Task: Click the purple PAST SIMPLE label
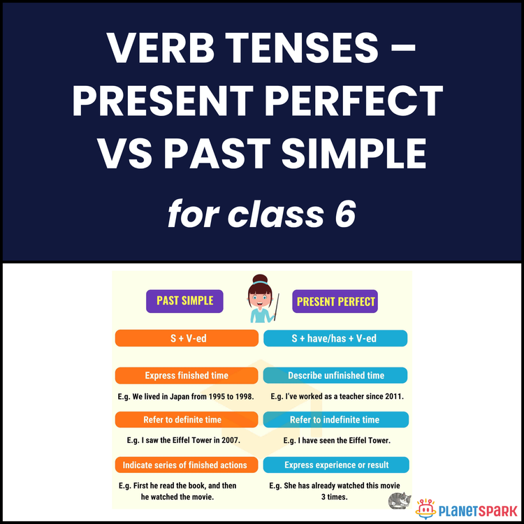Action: click(185, 300)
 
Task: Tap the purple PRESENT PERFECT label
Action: click(335, 302)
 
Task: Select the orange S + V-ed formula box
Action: click(187, 339)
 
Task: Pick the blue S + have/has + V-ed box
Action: click(335, 339)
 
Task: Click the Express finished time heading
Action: click(187, 375)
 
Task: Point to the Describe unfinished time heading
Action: click(335, 375)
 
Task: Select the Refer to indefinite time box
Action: click(335, 420)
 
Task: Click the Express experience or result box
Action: click(336, 465)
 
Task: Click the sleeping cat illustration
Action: click(400, 501)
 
